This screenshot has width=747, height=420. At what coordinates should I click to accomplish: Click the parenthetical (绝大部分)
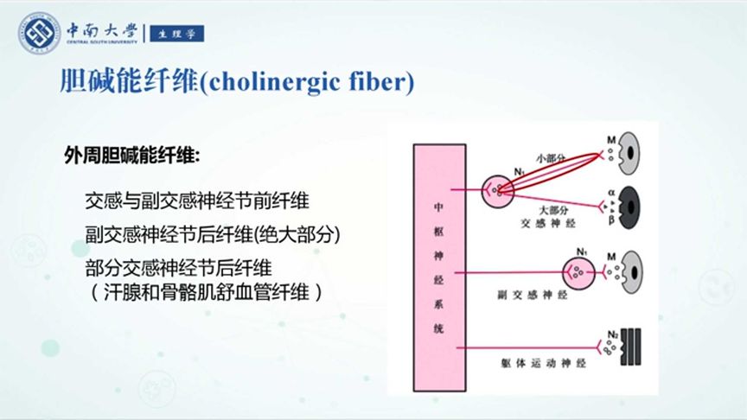tap(297, 234)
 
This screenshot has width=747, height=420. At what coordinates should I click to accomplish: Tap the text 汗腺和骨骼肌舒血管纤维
tap(205, 292)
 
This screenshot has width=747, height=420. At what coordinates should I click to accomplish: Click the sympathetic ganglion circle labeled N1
tap(497, 188)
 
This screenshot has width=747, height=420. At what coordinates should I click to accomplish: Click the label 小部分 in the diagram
tap(550, 158)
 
